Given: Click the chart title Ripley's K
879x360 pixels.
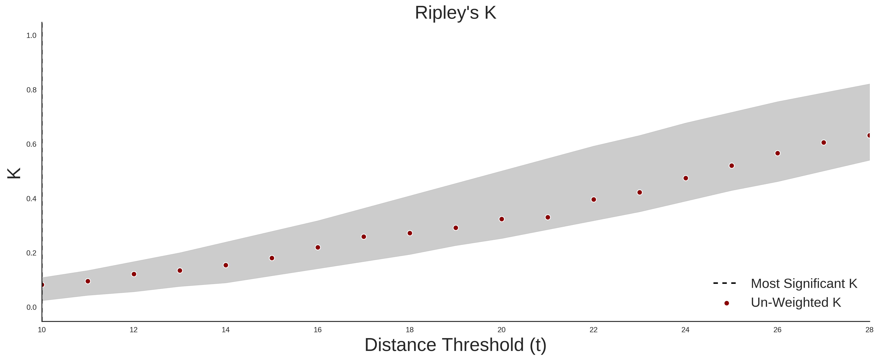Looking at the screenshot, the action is (x=456, y=13).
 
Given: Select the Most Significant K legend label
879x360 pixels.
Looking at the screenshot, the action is (x=804, y=284).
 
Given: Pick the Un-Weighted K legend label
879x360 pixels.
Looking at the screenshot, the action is (x=796, y=302).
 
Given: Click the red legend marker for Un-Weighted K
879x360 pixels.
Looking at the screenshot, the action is (x=726, y=303).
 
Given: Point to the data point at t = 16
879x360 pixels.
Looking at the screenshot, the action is (x=318, y=247).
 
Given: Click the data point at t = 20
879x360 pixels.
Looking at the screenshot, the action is (x=502, y=219).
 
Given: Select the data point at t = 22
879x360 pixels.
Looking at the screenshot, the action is (x=594, y=200).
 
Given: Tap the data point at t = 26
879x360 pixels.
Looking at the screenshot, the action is (x=778, y=153).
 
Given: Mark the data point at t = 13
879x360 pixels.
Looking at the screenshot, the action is (x=180, y=271).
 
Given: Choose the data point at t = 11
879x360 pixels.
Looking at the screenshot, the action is (x=88, y=281).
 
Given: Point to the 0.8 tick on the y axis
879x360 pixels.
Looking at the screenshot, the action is (x=31, y=90).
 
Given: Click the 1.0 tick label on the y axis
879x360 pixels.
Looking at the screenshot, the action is (x=31, y=35).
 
